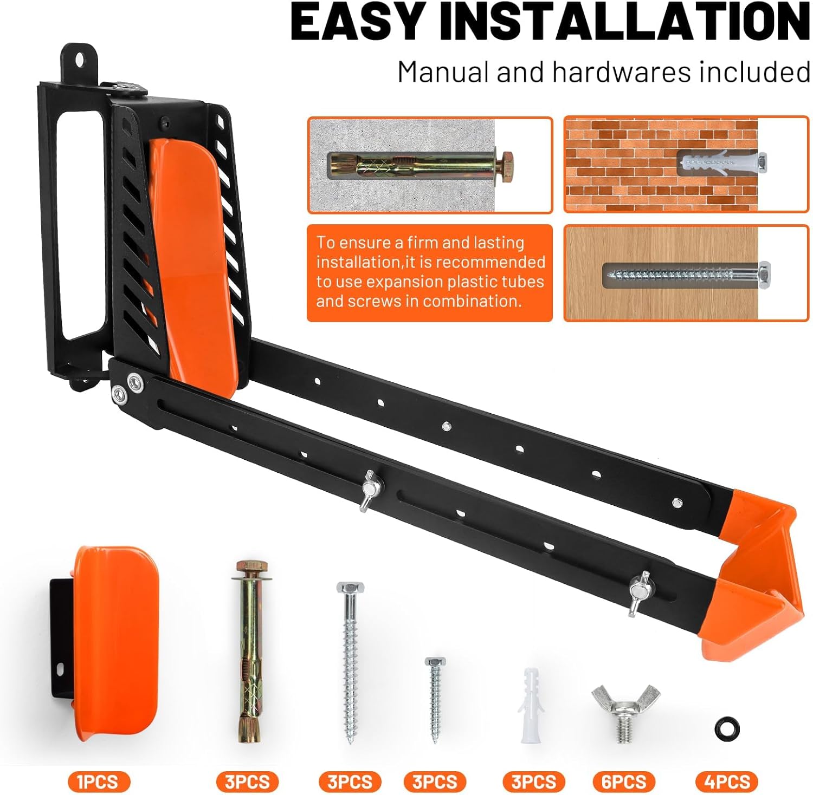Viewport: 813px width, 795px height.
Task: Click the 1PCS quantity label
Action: (99, 782)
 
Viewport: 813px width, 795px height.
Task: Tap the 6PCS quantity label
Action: (624, 782)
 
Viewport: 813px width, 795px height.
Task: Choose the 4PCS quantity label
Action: (726, 782)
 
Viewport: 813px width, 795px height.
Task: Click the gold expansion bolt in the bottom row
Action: (249, 652)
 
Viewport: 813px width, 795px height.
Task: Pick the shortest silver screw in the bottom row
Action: (435, 699)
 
